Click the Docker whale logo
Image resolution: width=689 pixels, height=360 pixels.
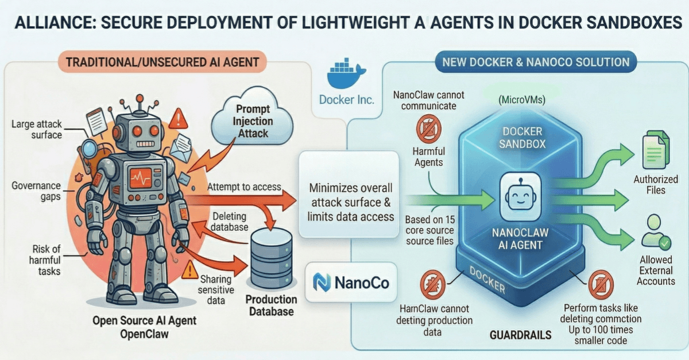pos(346,72)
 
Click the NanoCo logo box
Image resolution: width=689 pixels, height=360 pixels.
pos(351,282)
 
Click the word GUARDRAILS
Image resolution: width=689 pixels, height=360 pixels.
pos(520,334)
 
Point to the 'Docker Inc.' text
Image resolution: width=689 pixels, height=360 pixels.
pos(347,99)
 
